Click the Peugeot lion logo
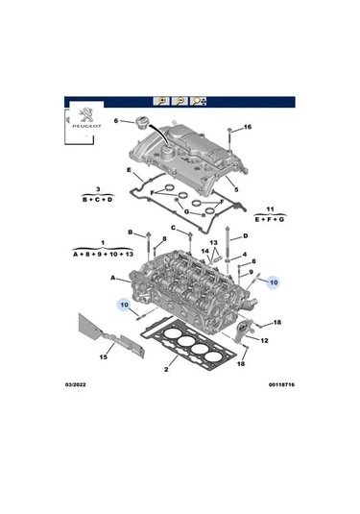(x=86, y=115)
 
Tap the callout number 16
(x=248, y=127)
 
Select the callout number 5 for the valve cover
(x=236, y=189)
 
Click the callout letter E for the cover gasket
(x=129, y=170)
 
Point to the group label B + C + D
(x=98, y=199)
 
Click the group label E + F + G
(x=270, y=219)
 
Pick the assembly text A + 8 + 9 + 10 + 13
(x=103, y=254)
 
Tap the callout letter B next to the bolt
(x=130, y=233)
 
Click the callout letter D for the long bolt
(x=246, y=235)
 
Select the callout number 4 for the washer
(x=245, y=254)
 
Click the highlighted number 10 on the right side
(x=274, y=282)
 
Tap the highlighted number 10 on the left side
(x=124, y=305)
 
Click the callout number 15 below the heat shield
(x=103, y=357)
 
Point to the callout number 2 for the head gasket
(x=166, y=370)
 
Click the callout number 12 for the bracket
(x=264, y=341)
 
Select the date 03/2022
(x=75, y=384)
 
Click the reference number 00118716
(x=281, y=384)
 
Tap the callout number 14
(x=204, y=251)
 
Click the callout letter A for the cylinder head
(x=112, y=278)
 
